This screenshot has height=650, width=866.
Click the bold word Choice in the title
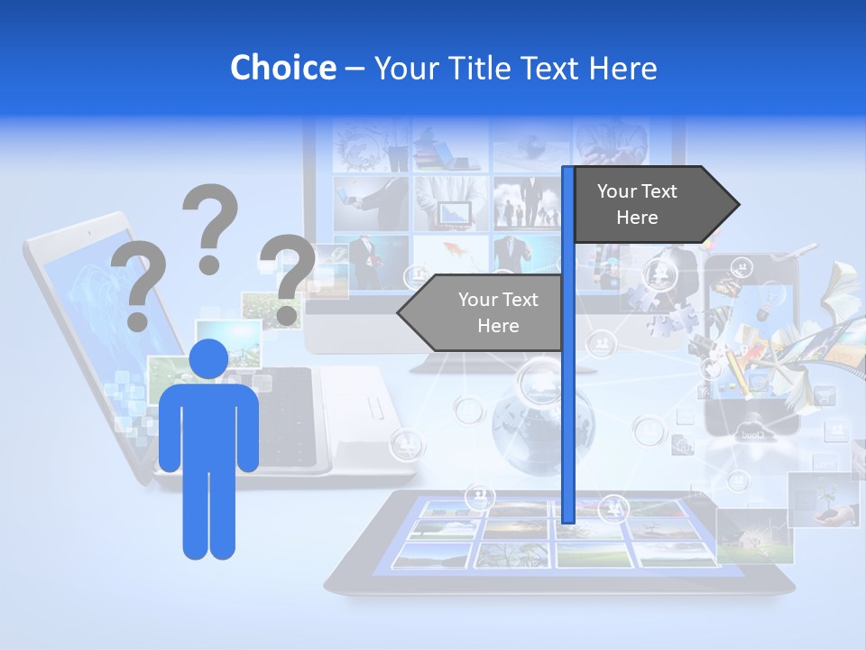[x=282, y=68]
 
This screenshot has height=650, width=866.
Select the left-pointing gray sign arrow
[x=483, y=312]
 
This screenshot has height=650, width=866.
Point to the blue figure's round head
[x=208, y=359]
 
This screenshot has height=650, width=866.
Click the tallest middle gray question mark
[x=211, y=226]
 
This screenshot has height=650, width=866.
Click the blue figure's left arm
[x=170, y=429]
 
